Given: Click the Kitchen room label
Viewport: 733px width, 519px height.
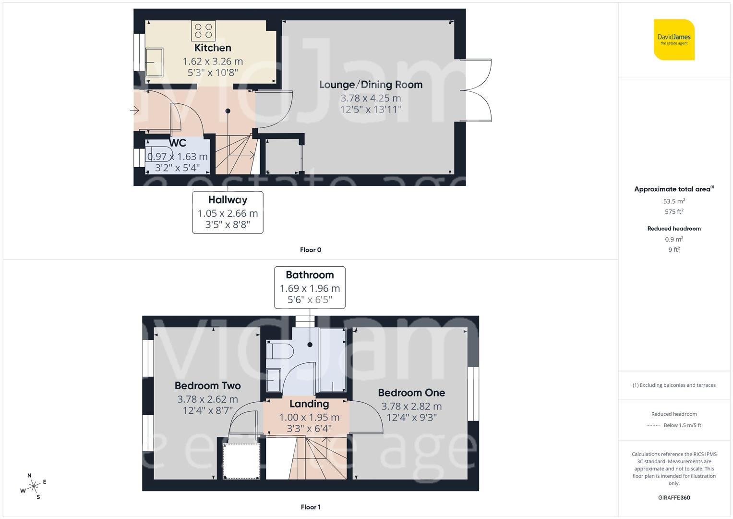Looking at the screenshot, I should click(213, 48).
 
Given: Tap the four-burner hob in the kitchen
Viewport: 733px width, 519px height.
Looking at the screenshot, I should click(203, 30).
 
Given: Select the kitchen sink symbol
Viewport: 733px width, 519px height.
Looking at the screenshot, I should click(155, 62).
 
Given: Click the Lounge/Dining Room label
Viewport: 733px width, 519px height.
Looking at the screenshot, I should click(371, 85).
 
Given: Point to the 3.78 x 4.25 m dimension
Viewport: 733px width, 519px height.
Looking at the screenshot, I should click(371, 98).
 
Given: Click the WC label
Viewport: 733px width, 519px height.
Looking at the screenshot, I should click(177, 143).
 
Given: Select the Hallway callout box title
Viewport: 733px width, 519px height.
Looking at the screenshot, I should click(228, 200).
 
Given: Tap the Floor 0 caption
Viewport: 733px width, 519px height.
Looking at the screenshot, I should click(310, 250).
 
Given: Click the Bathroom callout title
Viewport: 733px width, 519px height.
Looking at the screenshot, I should click(310, 275).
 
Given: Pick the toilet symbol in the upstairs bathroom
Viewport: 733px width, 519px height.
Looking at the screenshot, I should click(280, 351).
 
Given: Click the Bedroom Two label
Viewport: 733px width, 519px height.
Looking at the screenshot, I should click(207, 385).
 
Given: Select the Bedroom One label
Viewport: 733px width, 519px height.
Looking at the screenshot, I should click(411, 393).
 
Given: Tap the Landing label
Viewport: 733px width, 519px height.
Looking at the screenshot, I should click(309, 404).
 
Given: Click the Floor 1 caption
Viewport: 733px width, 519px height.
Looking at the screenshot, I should click(310, 507).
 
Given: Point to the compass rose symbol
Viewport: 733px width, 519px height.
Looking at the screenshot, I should click(34, 486).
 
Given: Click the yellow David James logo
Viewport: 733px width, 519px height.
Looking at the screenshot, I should click(674, 40).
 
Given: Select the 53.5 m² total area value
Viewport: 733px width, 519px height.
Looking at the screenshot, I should click(674, 201).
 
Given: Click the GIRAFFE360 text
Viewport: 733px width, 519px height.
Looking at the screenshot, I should click(674, 497).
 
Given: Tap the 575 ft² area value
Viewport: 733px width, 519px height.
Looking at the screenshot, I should click(674, 212).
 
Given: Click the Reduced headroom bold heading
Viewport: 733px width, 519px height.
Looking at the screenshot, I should click(674, 229).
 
